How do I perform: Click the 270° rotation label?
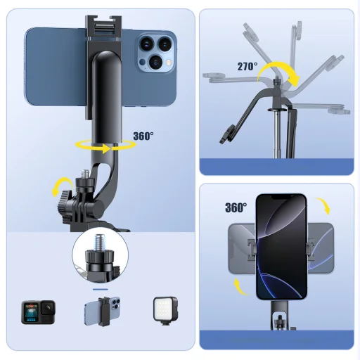click(x=246, y=67)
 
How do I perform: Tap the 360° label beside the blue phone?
click(x=143, y=136)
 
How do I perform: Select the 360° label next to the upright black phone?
click(x=236, y=207)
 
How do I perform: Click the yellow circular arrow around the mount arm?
click(x=105, y=146)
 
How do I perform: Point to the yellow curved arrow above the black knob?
click(x=60, y=187)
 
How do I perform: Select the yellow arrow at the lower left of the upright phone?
click(x=240, y=284)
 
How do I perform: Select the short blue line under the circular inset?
click(x=101, y=288)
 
